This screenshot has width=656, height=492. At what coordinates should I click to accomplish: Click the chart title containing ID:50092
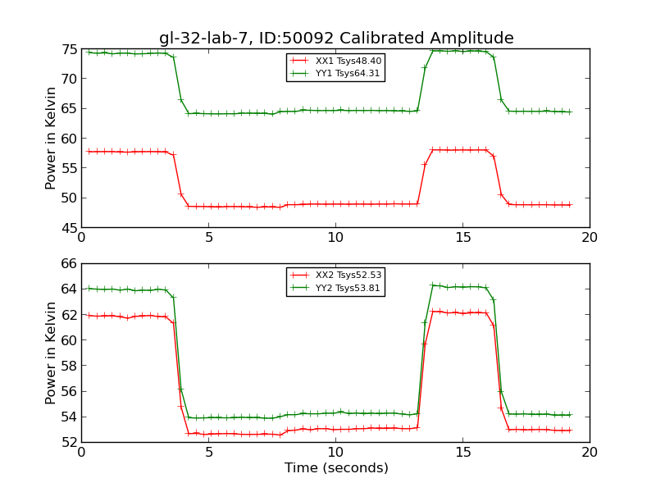[x=336, y=39]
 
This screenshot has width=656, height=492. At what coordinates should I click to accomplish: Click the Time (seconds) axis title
[x=336, y=468]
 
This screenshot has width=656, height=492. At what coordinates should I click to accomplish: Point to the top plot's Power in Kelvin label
[x=51, y=138]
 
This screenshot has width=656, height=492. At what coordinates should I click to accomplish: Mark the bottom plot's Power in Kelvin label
[x=51, y=353]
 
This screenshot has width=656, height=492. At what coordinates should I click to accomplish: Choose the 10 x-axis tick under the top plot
[x=335, y=238]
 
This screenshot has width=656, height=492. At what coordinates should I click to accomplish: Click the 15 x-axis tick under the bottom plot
[x=462, y=453]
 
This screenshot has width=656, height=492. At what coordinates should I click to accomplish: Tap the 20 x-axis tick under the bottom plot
[x=590, y=453]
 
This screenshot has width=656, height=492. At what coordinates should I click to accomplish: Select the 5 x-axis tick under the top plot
[x=208, y=238]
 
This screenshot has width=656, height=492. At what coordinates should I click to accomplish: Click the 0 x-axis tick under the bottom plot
[x=81, y=453]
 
